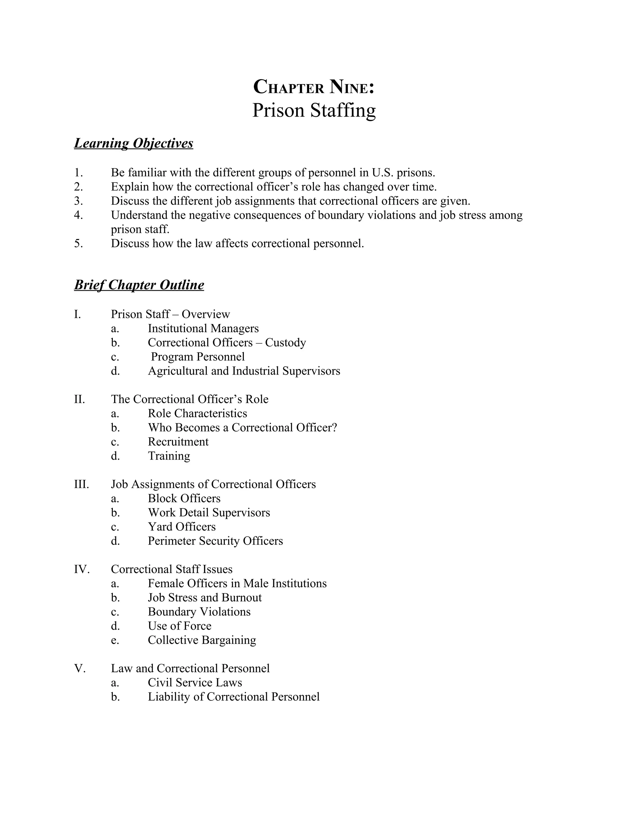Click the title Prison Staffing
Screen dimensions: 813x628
tap(314, 110)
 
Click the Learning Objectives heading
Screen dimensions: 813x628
tap(134, 143)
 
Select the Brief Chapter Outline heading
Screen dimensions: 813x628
tap(139, 285)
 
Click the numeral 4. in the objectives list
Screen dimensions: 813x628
tap(78, 215)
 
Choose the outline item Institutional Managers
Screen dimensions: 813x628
tap(203, 328)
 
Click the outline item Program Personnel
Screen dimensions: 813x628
tap(197, 356)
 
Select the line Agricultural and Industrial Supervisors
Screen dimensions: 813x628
tap(244, 371)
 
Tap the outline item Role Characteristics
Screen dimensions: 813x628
tap(197, 413)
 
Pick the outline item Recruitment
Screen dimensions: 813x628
tap(178, 441)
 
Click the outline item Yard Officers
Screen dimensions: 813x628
tap(182, 527)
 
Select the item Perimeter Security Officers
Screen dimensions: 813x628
tap(215, 541)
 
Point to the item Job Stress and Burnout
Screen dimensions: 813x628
tap(205, 597)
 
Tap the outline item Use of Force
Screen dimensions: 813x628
tap(179, 626)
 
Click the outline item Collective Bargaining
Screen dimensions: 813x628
tap(202, 640)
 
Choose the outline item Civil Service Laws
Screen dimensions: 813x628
tap(195, 682)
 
